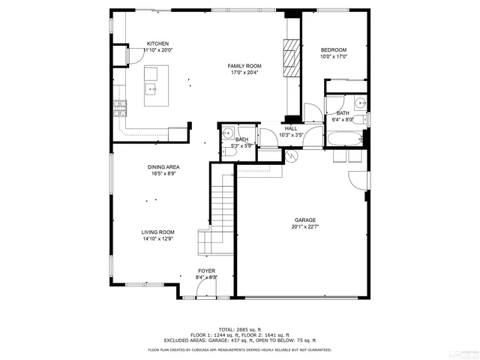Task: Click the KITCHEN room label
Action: [x=157, y=43]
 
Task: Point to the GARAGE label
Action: [x=304, y=220]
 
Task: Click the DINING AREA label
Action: [x=163, y=167]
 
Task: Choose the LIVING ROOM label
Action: [x=157, y=232]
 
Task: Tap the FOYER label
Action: [x=206, y=270]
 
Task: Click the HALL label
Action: [x=290, y=129]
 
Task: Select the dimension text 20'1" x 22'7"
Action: [x=304, y=226]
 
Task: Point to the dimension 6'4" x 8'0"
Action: [x=343, y=119]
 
